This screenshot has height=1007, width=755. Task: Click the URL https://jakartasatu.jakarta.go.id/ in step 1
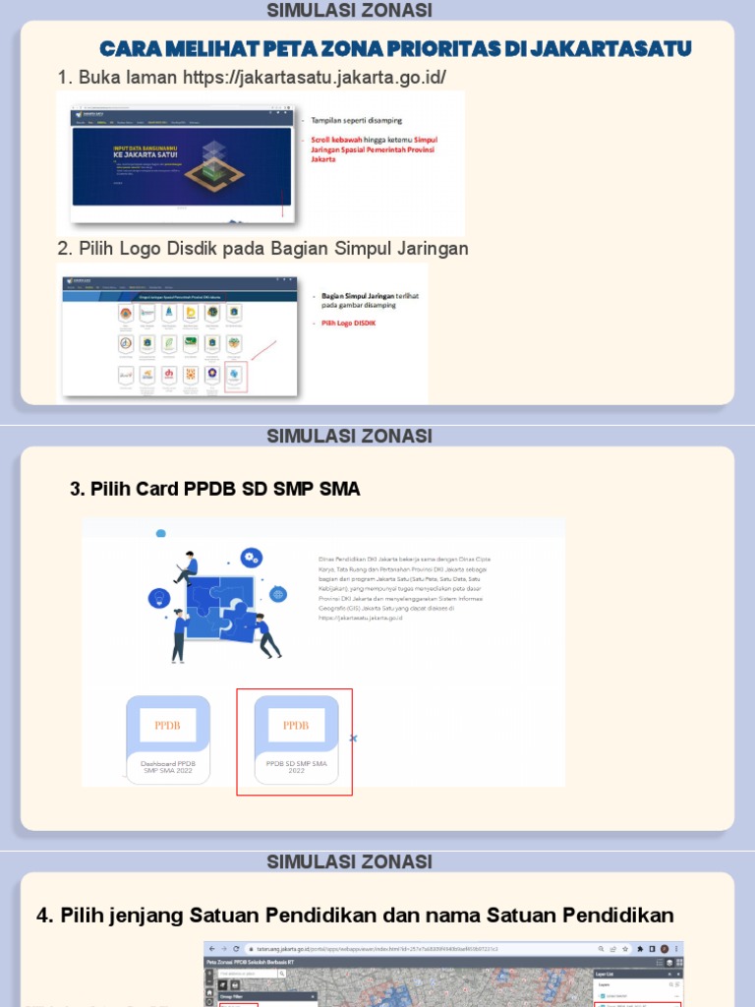click(320, 78)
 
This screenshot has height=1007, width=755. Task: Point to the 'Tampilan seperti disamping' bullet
click(356, 120)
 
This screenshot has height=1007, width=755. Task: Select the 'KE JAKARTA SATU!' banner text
click(133, 154)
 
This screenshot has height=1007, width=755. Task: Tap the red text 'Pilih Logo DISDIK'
click(348, 324)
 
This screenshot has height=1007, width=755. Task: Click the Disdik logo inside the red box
click(234, 374)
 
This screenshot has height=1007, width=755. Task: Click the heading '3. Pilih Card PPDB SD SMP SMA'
click(215, 489)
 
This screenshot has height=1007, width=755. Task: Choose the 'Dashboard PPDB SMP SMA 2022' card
click(167, 740)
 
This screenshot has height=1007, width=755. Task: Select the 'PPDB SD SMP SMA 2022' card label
click(296, 767)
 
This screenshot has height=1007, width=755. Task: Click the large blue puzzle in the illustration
click(221, 607)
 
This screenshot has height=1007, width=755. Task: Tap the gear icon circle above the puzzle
click(252, 558)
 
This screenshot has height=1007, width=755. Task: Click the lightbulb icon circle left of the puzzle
click(159, 598)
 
